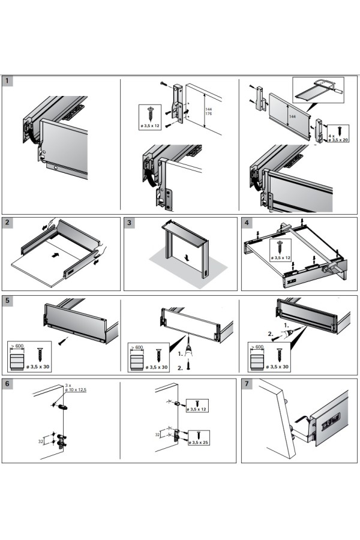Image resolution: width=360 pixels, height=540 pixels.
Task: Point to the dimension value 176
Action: pos(208,113)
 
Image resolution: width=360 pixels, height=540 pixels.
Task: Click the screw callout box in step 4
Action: pos(280,250)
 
